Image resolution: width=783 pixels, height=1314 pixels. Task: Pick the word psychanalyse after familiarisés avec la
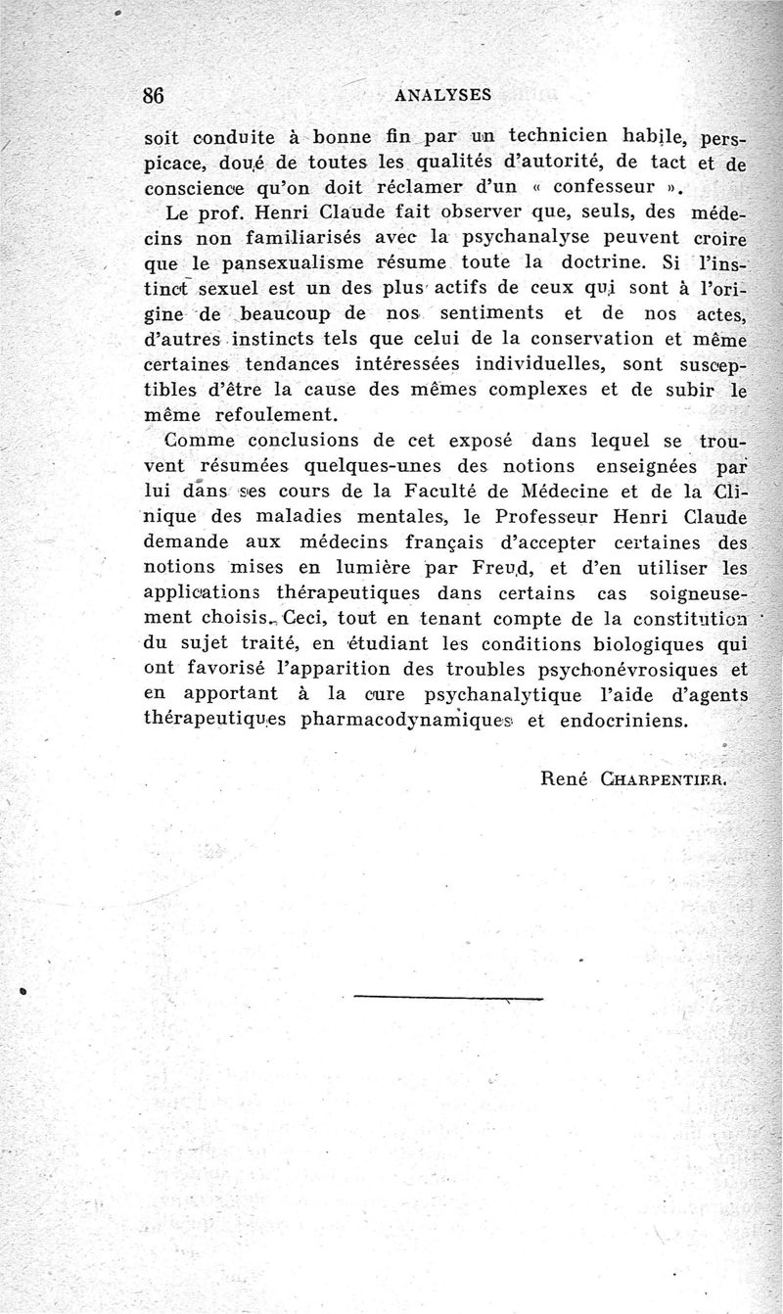528,237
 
